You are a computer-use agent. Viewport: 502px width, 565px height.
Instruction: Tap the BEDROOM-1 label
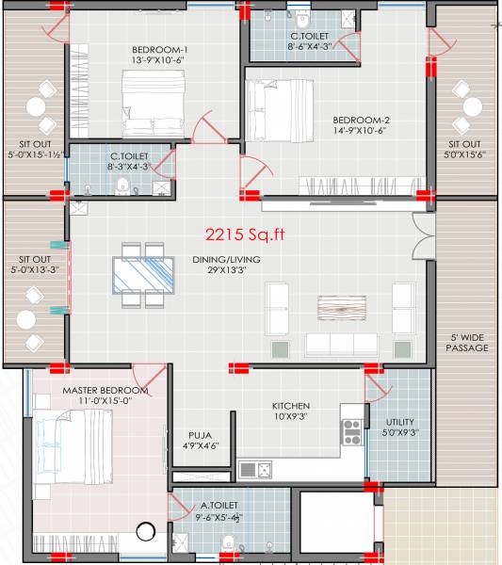(160, 50)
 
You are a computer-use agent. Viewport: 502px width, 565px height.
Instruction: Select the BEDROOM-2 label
(362, 120)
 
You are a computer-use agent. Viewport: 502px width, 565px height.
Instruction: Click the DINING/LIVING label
(251, 259)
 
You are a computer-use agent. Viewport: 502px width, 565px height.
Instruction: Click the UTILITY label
(401, 422)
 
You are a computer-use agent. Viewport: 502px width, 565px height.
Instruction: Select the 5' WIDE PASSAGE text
(467, 342)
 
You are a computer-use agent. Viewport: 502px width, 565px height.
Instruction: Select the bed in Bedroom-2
(279, 109)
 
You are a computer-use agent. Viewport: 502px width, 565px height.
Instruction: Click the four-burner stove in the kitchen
(350, 431)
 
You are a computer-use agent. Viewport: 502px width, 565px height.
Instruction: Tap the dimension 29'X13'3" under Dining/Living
(251, 271)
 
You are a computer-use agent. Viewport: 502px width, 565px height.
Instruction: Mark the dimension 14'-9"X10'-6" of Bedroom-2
(362, 132)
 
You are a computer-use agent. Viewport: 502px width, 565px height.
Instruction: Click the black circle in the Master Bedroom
(146, 532)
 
